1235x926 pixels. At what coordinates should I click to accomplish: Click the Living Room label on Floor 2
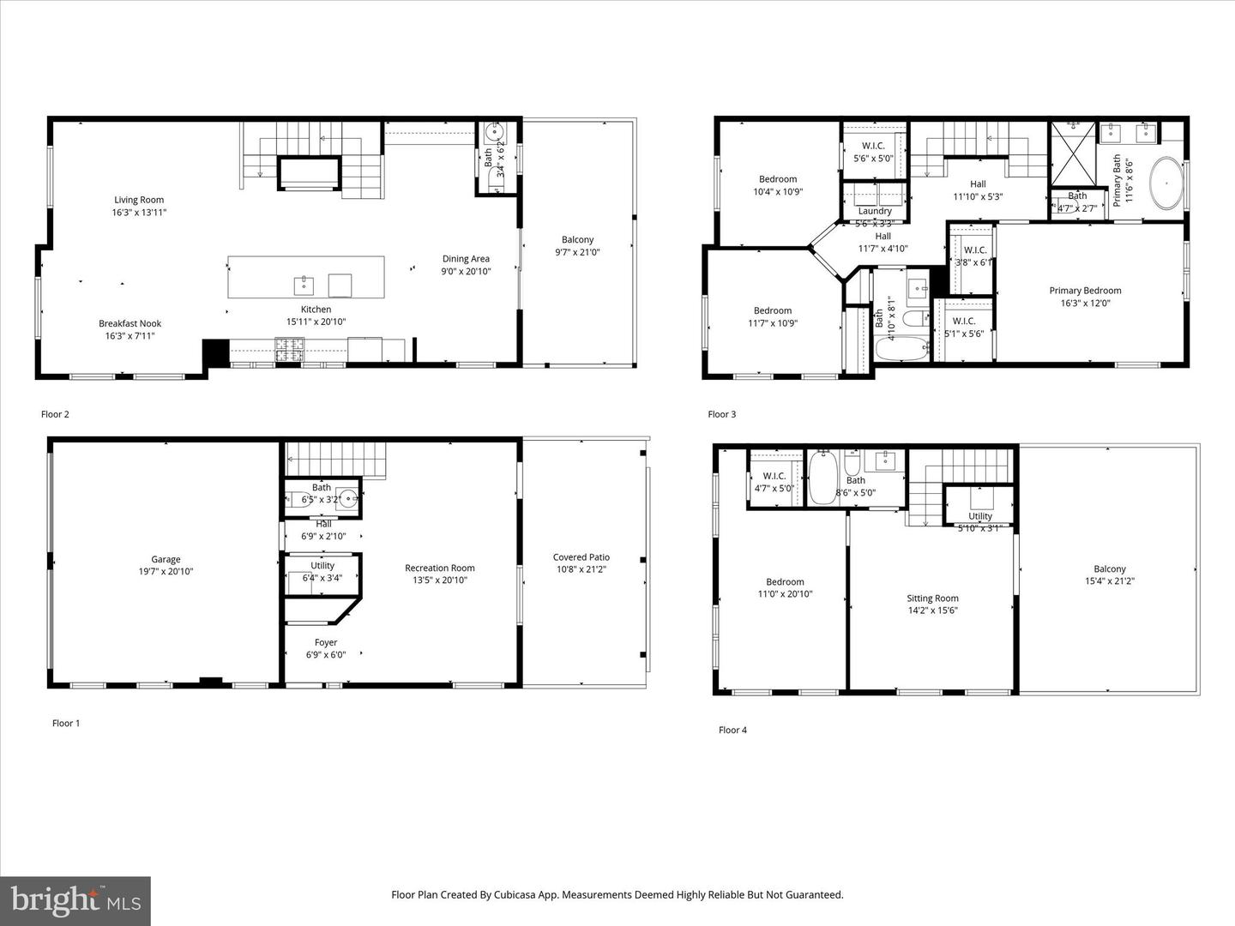139,201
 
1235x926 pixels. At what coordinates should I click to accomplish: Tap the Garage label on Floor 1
166,559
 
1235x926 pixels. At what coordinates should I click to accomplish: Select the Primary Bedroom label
1085,291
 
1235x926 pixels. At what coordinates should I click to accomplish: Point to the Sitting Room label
932,598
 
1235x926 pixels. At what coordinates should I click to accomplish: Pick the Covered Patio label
581,557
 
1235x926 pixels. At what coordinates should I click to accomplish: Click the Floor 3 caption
721,414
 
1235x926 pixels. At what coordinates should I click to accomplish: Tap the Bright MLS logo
75,900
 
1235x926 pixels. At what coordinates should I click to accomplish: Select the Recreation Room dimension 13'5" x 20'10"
439,580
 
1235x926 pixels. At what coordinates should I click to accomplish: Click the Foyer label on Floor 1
326,642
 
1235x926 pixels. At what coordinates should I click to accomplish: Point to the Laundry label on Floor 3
875,211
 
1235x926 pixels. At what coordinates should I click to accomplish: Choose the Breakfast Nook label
130,323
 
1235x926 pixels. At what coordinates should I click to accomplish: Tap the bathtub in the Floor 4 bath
822,477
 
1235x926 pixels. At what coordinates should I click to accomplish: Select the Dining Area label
466,259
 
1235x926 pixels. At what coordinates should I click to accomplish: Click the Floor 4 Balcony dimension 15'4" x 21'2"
1109,581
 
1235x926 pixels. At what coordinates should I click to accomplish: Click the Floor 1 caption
66,723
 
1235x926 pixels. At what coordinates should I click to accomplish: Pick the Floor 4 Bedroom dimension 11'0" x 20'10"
785,594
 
